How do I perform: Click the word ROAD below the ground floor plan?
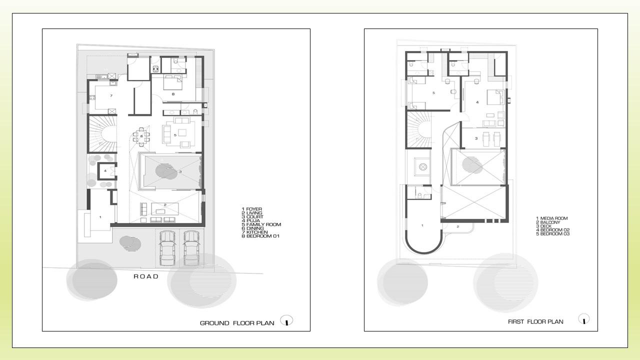click(x=146, y=276)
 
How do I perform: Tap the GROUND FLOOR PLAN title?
click(x=237, y=323)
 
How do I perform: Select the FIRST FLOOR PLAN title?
click(x=535, y=321)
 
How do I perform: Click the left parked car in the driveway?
click(x=167, y=248)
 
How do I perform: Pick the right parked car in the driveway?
click(x=191, y=248)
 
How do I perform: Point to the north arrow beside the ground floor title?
click(x=286, y=320)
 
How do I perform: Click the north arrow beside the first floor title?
click(x=583, y=319)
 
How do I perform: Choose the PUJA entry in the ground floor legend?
click(x=250, y=221)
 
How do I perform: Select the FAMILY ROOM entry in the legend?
click(x=261, y=224)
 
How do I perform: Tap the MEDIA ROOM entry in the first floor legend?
click(x=551, y=218)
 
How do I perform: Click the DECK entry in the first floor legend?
click(x=543, y=226)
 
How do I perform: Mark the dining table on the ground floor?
click(x=141, y=136)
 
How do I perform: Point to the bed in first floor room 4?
click(x=495, y=97)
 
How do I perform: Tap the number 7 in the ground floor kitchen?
click(x=111, y=95)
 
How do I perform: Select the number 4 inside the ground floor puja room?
click(x=105, y=171)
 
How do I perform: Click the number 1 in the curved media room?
click(x=422, y=225)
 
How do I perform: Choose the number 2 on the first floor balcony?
click(x=457, y=226)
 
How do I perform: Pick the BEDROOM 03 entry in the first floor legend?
click(x=552, y=234)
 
